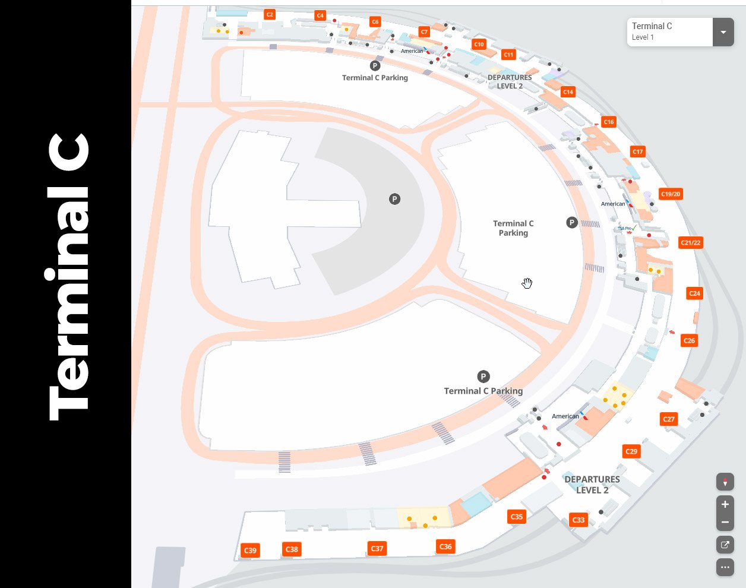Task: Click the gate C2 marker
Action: tap(270, 14)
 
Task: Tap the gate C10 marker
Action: tap(479, 44)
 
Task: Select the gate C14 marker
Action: tap(568, 92)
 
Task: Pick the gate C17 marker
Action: tap(637, 151)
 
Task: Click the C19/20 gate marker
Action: tap(671, 194)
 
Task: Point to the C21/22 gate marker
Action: tap(690, 242)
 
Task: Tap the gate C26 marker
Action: tap(689, 340)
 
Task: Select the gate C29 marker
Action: tap(631, 451)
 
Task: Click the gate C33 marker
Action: tap(578, 520)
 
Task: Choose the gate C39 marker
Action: tap(250, 551)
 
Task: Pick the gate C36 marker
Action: tap(445, 546)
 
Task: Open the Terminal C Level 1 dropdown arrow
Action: tap(723, 32)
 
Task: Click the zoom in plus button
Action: tap(725, 505)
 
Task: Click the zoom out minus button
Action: tap(725, 522)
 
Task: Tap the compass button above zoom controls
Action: tap(725, 482)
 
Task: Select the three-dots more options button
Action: tap(725, 567)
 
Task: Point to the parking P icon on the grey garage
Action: tap(394, 199)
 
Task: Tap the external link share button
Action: tap(725, 545)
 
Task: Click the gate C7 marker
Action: tap(423, 32)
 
